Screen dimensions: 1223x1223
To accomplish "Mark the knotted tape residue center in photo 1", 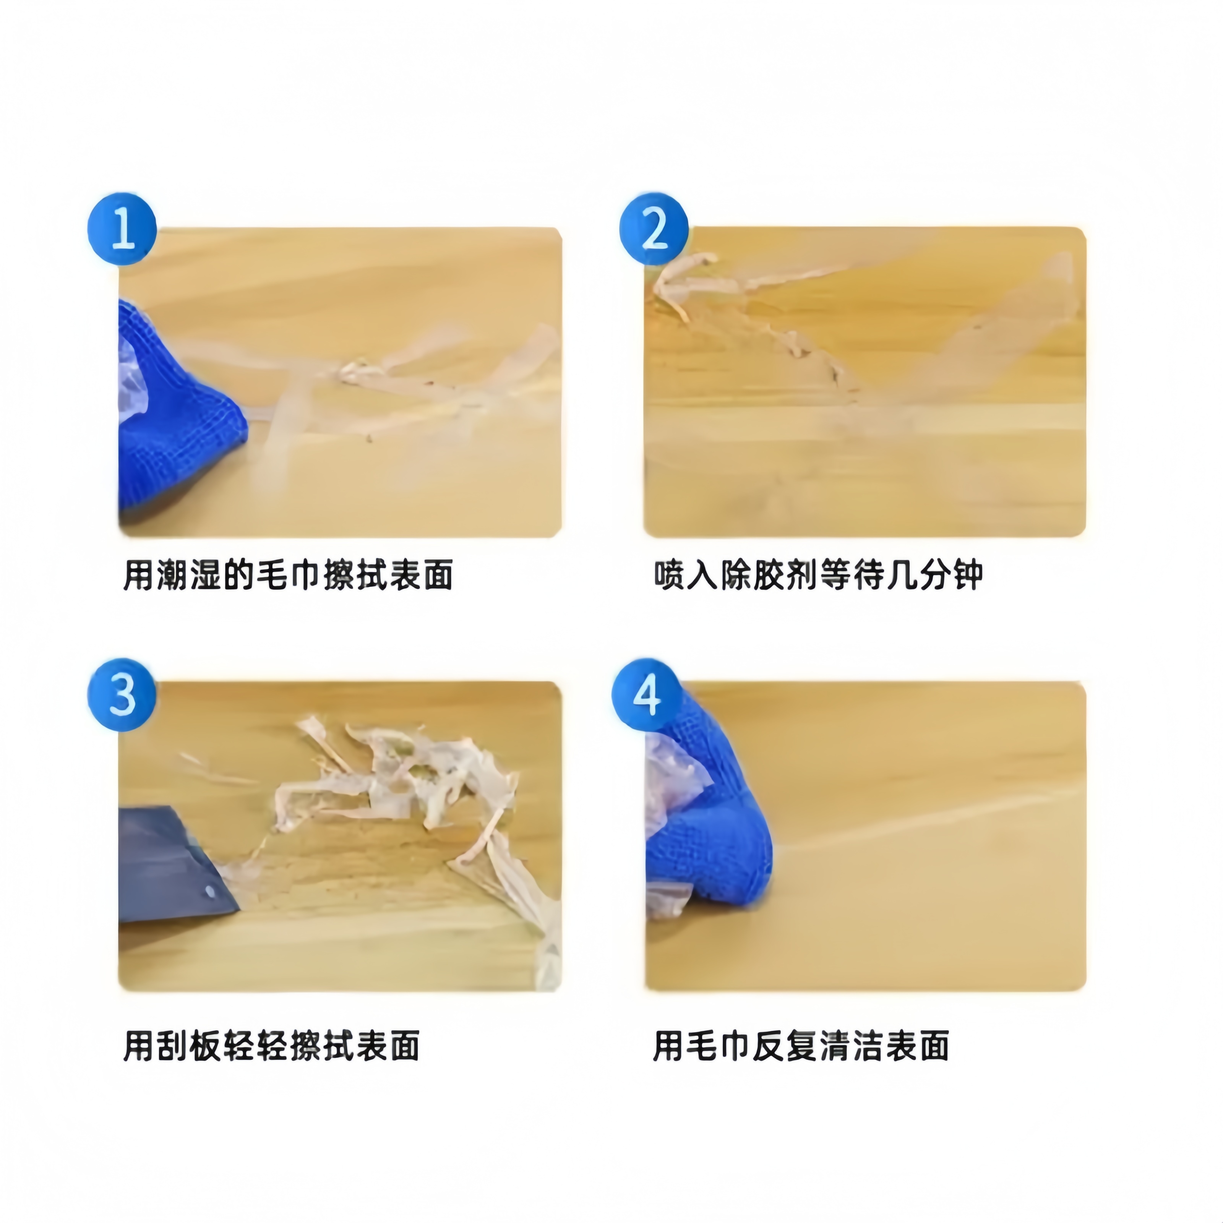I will (358, 373).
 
